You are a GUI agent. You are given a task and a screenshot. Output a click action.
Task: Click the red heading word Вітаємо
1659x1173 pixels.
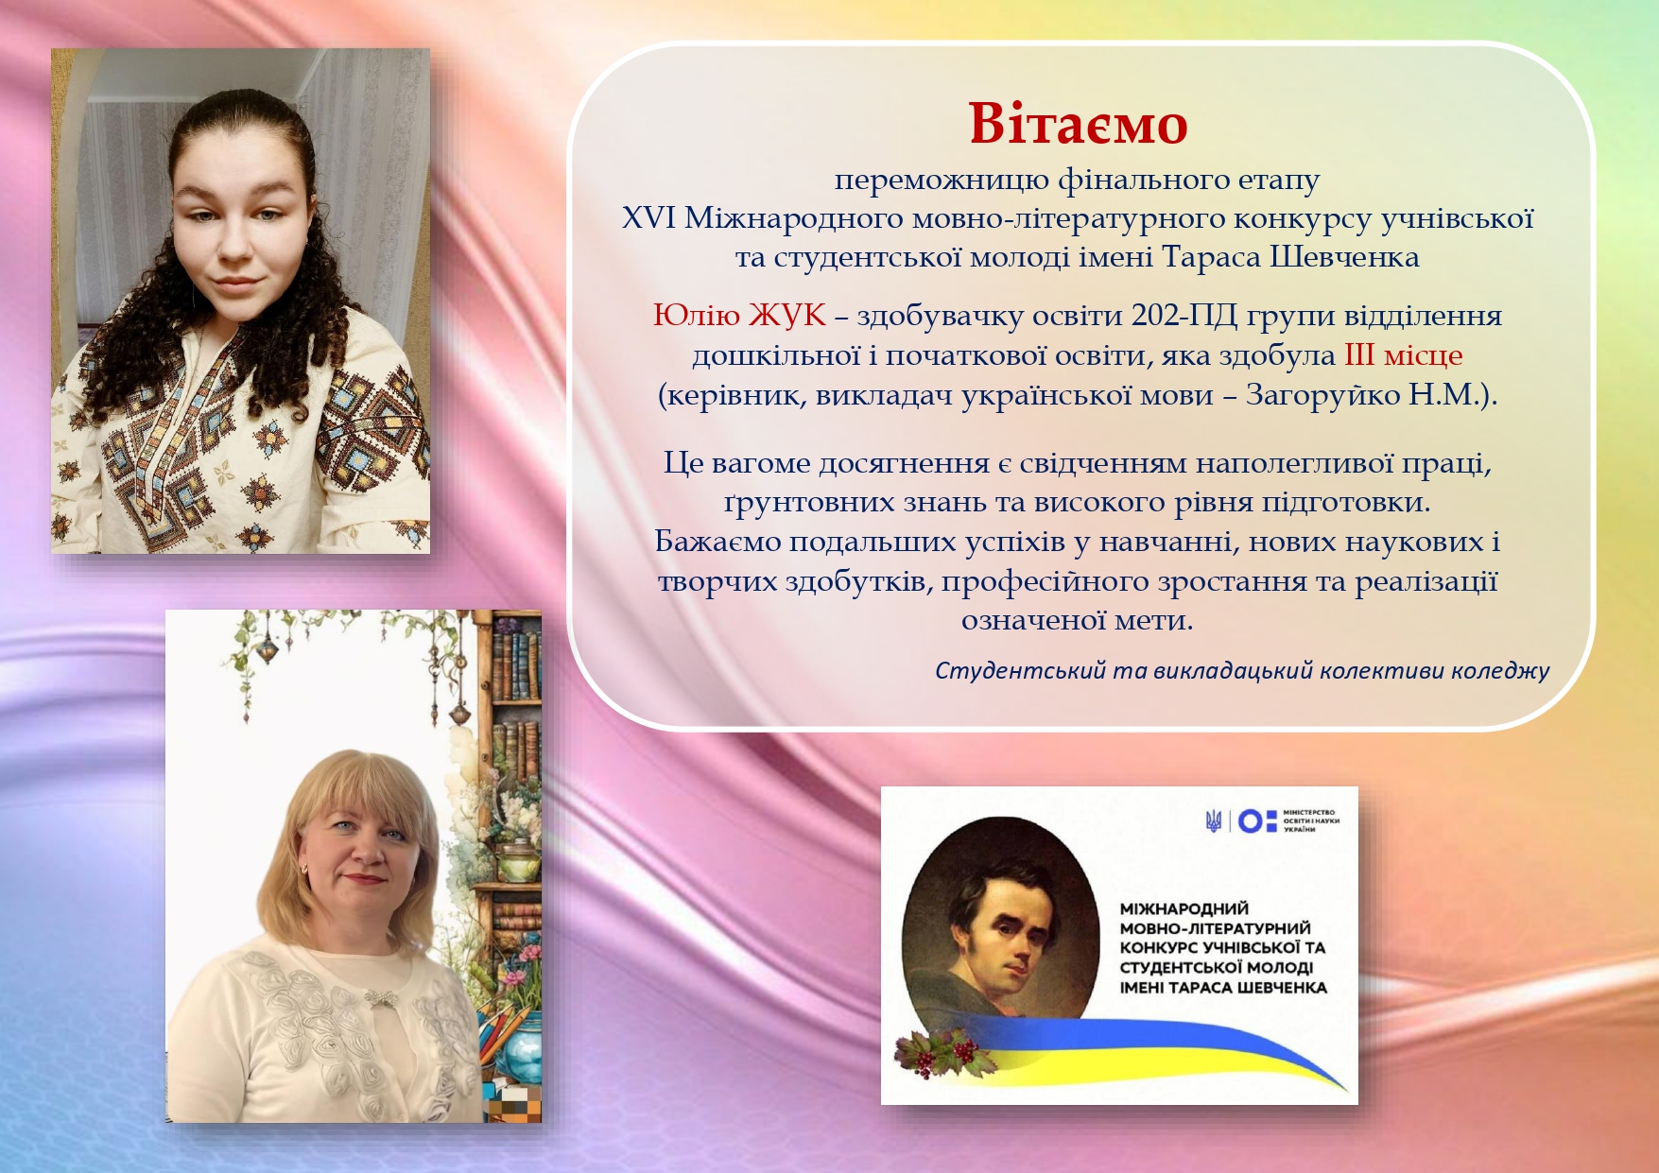click(1078, 124)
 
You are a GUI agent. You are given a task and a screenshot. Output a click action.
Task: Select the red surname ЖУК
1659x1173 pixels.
click(787, 315)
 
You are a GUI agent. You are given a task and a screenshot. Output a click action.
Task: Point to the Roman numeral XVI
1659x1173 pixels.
click(648, 218)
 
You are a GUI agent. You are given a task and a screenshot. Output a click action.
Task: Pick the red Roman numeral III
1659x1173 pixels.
click(1359, 354)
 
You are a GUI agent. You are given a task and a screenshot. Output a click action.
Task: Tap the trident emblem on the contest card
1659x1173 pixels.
click(1214, 821)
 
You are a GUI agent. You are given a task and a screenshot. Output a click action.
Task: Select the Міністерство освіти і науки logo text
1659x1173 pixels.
click(1310, 820)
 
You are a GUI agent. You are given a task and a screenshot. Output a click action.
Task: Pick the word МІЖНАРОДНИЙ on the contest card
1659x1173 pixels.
click(1184, 909)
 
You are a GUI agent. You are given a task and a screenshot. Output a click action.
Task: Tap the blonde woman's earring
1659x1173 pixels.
click(302, 868)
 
